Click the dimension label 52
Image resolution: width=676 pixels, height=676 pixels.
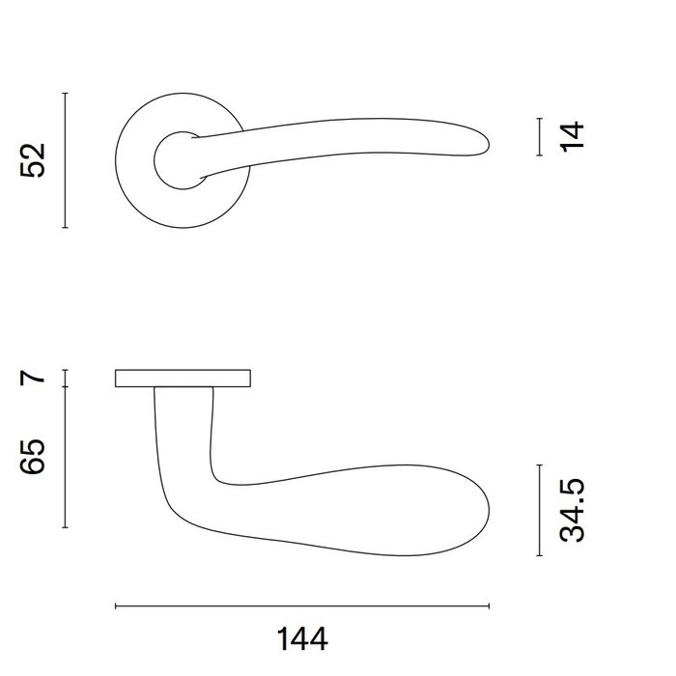[x=34, y=159]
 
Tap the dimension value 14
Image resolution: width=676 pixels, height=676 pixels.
[x=573, y=135]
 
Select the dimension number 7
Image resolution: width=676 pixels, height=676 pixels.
[x=34, y=376]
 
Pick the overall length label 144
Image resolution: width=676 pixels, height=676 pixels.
[x=302, y=638]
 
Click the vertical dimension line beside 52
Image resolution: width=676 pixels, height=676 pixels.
[x=65, y=160]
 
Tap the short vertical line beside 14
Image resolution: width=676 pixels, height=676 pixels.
[x=539, y=136]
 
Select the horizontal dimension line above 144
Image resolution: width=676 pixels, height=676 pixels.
[x=302, y=606]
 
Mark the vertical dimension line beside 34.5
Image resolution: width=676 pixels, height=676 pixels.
[x=539, y=510]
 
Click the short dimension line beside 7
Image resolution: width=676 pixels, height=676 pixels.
[x=65, y=378]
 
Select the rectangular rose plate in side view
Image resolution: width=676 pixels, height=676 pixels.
[x=183, y=378]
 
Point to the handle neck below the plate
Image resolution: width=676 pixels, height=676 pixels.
[x=183, y=425]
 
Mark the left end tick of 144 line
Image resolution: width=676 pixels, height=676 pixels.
[x=116, y=606]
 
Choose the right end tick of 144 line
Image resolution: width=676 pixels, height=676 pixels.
[x=490, y=606]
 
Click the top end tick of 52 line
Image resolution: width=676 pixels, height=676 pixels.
[x=65, y=93]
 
